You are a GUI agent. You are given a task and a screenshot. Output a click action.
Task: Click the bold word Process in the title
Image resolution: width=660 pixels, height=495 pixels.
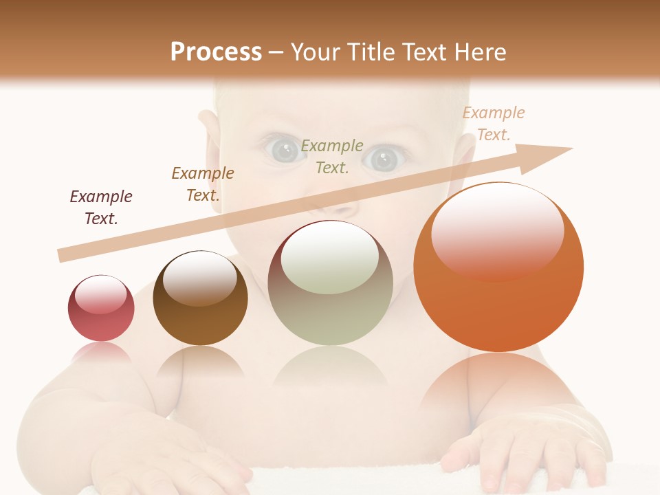coord(216,52)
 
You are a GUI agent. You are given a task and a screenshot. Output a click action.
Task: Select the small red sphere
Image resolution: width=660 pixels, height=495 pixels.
coord(101,309)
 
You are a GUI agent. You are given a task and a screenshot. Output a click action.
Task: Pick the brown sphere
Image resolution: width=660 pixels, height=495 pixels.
coord(200,298)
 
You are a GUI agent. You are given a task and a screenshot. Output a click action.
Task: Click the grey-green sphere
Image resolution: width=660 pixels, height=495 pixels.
coord(330,283)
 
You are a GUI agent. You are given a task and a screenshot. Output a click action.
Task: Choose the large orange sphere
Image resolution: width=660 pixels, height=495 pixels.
coord(498,267)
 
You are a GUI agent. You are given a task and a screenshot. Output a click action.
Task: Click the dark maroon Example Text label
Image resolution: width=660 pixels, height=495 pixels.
coord(101,207)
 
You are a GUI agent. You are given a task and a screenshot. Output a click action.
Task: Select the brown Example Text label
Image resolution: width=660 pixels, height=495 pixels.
coord(203,184)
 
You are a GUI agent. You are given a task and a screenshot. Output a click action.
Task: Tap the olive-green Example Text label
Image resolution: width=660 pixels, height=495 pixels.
coord(332,156)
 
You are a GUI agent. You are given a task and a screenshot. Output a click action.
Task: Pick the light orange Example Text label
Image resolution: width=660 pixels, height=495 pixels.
coord(494,124)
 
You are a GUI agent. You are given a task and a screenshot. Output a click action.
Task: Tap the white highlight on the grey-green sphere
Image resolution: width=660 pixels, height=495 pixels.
coord(329,258)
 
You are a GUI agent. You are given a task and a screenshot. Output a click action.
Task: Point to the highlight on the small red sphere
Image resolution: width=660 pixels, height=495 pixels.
coord(100,294)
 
